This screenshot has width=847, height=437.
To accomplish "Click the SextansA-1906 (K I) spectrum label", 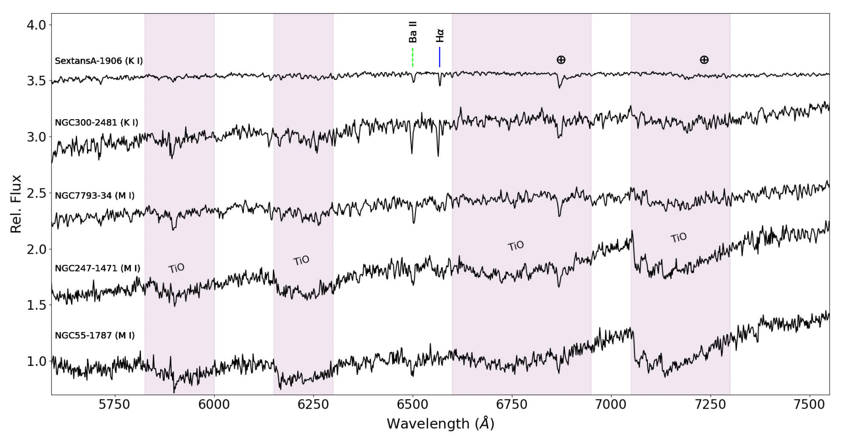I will click(99, 61).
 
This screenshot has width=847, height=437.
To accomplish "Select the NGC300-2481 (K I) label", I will click(96, 123).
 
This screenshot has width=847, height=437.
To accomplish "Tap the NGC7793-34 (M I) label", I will click(95, 196).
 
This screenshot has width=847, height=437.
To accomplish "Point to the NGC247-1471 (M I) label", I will click(97, 268).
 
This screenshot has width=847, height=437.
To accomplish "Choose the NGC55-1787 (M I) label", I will click(95, 336).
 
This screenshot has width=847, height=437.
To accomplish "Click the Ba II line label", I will click(412, 32).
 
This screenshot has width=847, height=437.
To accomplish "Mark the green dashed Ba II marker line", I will click(412, 57).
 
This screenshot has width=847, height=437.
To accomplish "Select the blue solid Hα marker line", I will click(440, 57).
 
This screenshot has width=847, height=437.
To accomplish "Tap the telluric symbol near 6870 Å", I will click(561, 60).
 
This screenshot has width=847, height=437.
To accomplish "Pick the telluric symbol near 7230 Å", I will click(704, 60).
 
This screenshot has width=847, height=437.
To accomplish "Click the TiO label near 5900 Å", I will click(176, 268).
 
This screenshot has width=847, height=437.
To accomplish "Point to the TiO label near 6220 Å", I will click(301, 261).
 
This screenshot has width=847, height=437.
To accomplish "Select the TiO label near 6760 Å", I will click(516, 246).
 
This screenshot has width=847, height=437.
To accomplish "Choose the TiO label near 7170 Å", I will click(678, 238).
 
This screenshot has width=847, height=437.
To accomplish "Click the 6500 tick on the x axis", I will click(412, 404).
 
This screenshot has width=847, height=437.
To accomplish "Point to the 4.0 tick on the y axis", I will click(36, 25).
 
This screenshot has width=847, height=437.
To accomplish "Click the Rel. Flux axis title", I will click(16, 204).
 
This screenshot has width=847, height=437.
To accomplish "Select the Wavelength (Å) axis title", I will click(440, 423).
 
